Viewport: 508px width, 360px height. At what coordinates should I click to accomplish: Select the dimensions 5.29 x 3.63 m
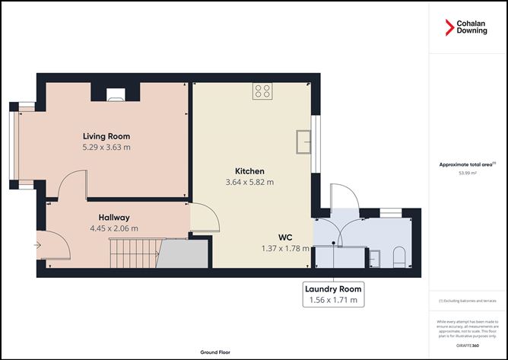(106, 147)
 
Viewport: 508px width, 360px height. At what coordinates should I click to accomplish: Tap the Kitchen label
(249, 170)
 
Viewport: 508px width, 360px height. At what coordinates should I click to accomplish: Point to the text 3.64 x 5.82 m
(249, 182)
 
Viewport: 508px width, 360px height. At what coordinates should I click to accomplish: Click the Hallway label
(103, 216)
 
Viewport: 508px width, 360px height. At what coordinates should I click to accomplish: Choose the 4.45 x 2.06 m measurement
(103, 228)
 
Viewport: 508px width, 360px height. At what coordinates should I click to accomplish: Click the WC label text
(285, 237)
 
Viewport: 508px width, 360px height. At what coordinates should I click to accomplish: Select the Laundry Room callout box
(333, 294)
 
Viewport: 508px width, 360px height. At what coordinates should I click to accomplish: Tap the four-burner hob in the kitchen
(262, 91)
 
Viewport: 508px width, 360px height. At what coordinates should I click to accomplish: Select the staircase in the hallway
(137, 252)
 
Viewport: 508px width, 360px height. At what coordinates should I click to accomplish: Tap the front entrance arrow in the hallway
(37, 245)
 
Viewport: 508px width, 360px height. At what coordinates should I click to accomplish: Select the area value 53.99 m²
(467, 173)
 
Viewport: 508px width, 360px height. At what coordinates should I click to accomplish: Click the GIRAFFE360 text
(467, 346)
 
